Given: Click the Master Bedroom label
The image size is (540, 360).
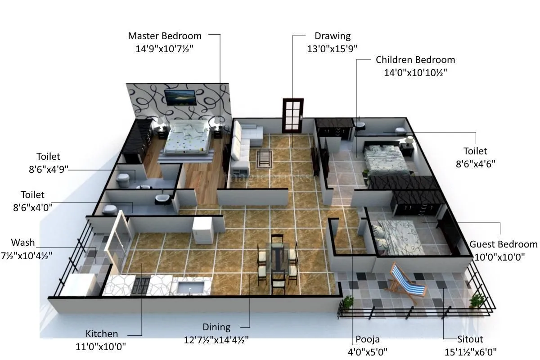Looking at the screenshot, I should [x=165, y=36].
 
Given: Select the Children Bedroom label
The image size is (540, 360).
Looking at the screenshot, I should [x=415, y=60].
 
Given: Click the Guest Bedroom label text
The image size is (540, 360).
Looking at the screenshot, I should [x=503, y=244].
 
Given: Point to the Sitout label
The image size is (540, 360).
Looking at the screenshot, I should [x=470, y=340].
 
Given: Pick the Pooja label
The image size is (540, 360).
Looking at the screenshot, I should [x=368, y=340].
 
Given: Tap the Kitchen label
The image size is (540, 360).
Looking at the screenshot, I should [x=102, y=334].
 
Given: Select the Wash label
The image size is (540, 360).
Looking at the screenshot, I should [x=22, y=243].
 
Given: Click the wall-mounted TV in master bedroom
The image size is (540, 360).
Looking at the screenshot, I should [x=180, y=97].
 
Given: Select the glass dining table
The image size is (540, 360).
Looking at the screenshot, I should [x=277, y=256].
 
